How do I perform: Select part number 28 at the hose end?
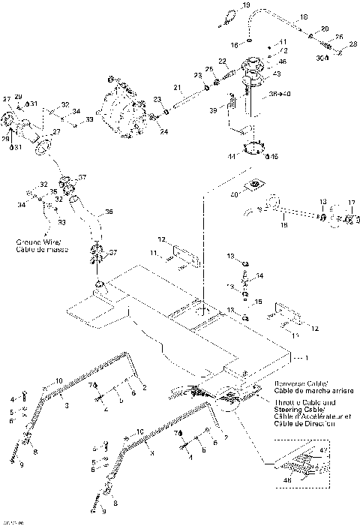(352, 45)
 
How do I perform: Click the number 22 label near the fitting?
(223, 61)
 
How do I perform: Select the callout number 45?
(274, 156)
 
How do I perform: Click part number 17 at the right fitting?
(349, 203)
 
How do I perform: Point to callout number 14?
(260, 275)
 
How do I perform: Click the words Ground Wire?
(35, 242)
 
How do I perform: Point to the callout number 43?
(277, 73)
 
